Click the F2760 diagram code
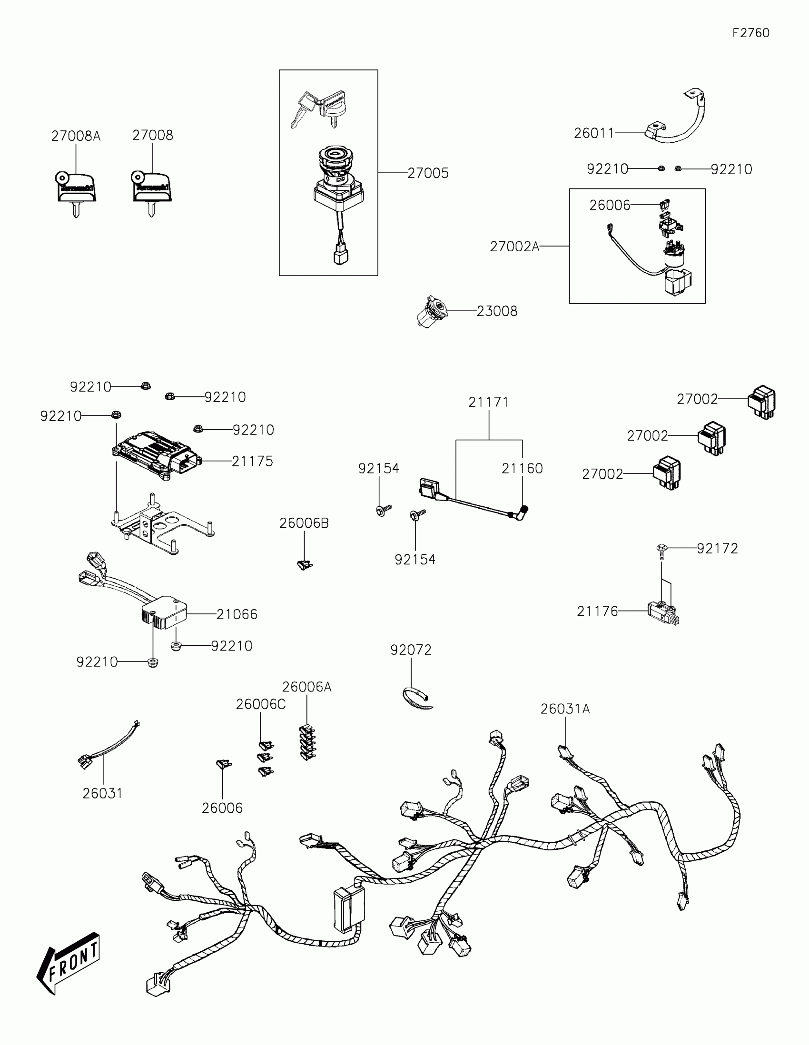point(750,33)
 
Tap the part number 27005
point(428,173)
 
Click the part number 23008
point(497,312)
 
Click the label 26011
point(594,133)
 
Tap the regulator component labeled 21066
point(163,612)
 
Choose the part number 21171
point(488,403)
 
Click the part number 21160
point(522,468)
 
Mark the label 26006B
point(304,523)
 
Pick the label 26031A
point(565,709)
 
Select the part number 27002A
point(514,247)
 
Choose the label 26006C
point(261,704)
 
